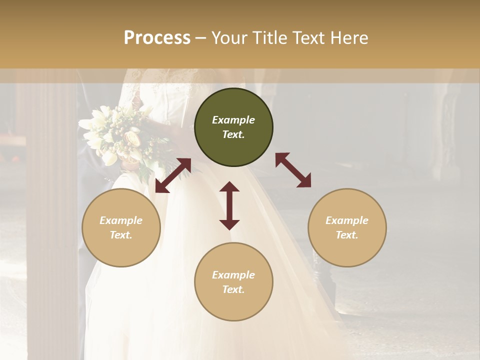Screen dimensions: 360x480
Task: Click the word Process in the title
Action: click(x=157, y=38)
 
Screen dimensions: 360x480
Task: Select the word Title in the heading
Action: click(x=270, y=38)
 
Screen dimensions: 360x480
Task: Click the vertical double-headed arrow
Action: click(x=229, y=205)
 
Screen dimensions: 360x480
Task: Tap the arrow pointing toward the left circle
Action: click(x=173, y=175)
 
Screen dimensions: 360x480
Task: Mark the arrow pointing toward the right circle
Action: click(x=293, y=170)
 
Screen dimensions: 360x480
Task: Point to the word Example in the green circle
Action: click(x=233, y=120)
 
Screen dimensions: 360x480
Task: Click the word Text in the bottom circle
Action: click(x=233, y=289)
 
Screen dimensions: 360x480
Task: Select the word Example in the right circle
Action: click(x=347, y=220)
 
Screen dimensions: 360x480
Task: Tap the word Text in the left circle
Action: click(x=121, y=235)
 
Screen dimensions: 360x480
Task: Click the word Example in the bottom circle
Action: click(x=233, y=275)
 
